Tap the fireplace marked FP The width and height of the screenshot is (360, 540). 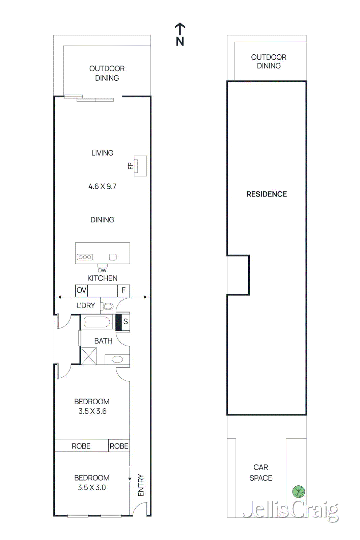pos(140,166)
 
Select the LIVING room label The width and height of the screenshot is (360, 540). pos(102,153)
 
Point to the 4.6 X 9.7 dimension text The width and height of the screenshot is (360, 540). pos(102,186)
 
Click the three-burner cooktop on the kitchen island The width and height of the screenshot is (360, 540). pos(85,257)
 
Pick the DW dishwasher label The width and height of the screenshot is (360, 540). pos(102,270)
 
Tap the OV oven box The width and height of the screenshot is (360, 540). pos(81,290)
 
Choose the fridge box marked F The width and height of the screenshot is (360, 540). pos(123,290)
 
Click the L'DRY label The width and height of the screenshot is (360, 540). pos(86,305)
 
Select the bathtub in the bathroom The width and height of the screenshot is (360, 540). pos(97,322)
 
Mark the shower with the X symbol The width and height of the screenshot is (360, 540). pos(89,356)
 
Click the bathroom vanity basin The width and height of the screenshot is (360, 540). pos(117,359)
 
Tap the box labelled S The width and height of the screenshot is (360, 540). pos(126,322)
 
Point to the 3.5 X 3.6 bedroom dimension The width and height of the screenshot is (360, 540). pos(92,411)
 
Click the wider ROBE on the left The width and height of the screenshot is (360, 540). pos(81,446)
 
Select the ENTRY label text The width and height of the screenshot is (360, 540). pos(141,485)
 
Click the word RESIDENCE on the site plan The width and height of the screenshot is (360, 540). pos(267,194)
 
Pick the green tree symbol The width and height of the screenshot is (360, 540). pos(299,491)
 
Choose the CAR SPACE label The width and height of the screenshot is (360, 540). pos(261,473)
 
